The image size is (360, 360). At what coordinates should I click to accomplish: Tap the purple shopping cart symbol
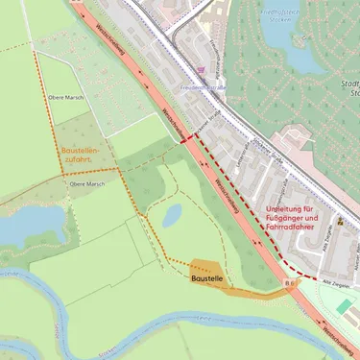[x=200, y=70]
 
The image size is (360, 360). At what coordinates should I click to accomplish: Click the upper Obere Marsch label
[x=66, y=97]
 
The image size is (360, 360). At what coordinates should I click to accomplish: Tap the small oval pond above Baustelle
[x=172, y=216]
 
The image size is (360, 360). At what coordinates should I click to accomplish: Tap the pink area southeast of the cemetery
[x=322, y=144]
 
